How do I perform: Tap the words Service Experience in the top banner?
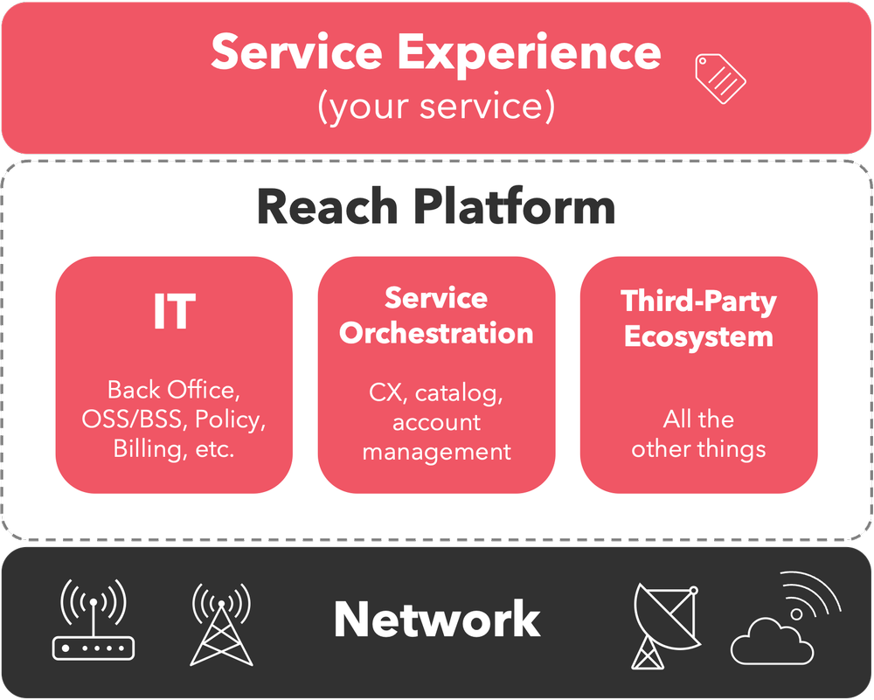coord(435,52)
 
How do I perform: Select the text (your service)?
coord(435,106)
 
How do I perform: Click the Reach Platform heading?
coord(436,208)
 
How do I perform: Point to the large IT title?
coord(174,310)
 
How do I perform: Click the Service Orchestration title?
coord(436,315)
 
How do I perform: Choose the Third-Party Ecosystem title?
coord(698,319)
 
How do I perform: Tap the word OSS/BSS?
coord(133,419)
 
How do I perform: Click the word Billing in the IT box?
coord(146,449)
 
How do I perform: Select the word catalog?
coord(459,392)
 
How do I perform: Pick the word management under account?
coord(436,452)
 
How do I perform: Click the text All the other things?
coord(698,434)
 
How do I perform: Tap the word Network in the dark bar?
coord(436,619)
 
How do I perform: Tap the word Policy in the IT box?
coord(230,419)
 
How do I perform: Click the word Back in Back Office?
coord(128,390)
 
